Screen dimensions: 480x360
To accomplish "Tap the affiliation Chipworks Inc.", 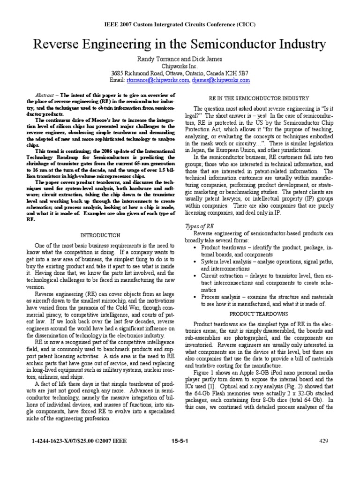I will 180,66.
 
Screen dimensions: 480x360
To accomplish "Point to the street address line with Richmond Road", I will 180,73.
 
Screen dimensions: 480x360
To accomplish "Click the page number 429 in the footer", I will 324,441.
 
